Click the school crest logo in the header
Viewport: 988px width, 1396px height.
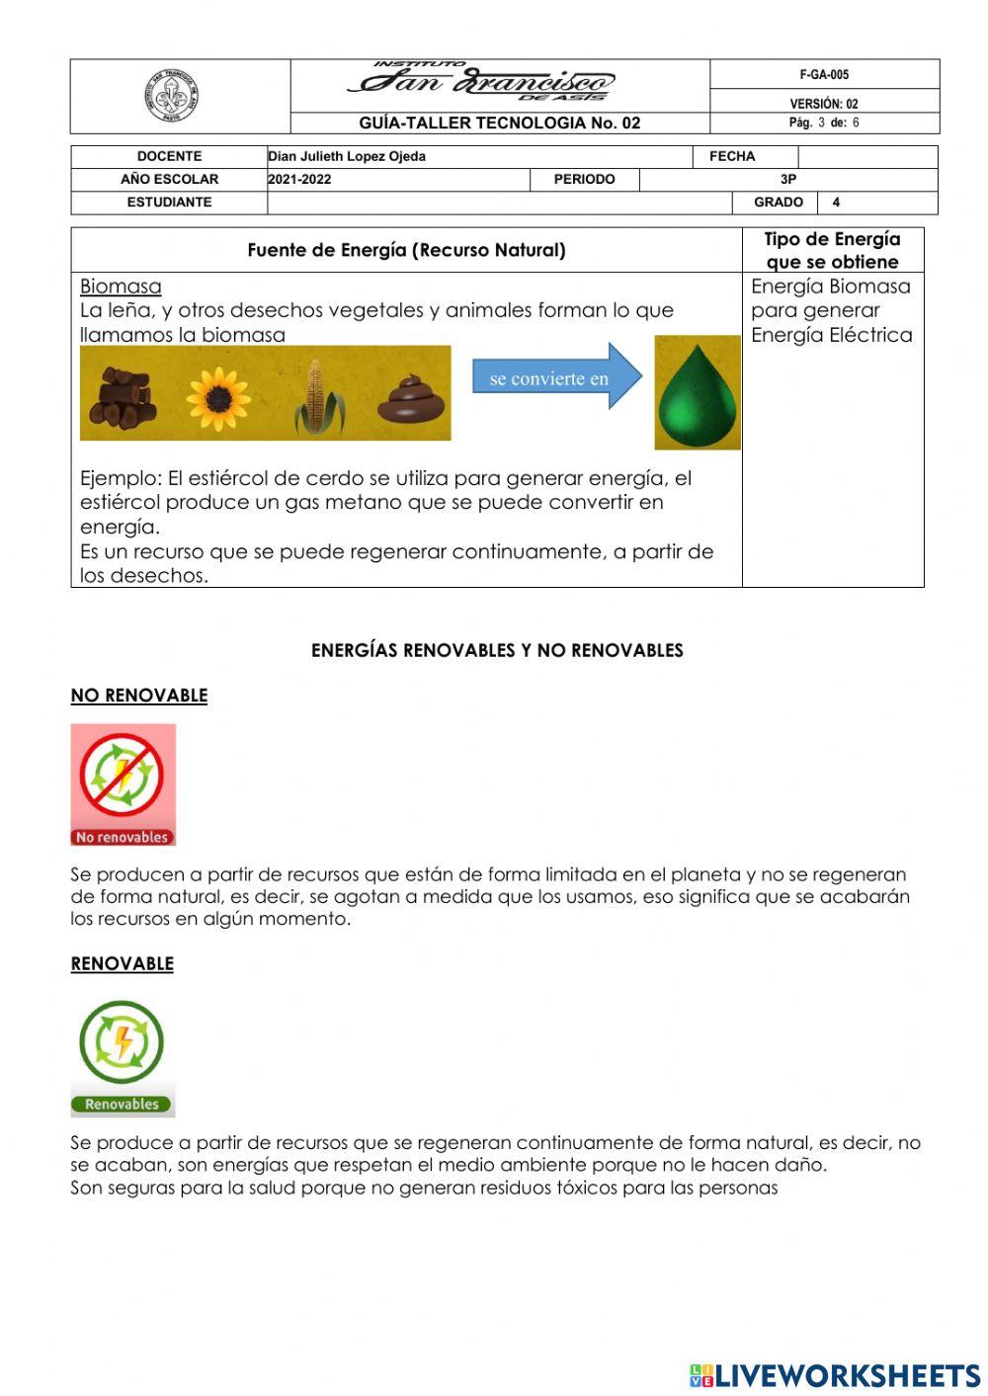172,97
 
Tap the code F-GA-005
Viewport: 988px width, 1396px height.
824,75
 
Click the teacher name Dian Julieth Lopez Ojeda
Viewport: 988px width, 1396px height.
347,156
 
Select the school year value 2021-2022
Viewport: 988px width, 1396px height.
299,179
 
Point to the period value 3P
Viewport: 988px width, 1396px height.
787,179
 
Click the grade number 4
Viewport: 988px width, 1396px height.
836,202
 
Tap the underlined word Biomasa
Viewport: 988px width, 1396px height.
121,287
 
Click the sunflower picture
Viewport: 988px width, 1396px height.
218,398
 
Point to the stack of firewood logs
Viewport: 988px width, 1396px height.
123,395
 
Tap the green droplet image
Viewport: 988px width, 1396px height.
698,393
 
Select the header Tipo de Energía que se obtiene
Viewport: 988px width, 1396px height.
832,250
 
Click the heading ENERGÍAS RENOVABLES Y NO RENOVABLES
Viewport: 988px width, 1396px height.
497,650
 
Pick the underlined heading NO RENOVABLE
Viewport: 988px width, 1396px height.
139,696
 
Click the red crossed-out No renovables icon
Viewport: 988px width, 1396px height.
123,783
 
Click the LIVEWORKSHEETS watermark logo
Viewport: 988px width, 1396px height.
834,1375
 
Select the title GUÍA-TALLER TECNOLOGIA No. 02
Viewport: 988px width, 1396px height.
500,123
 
